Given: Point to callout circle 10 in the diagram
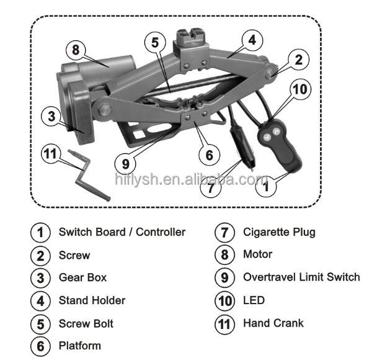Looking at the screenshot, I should (299, 89).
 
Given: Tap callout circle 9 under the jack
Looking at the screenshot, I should (126, 164).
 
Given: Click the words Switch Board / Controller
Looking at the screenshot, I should (122, 232).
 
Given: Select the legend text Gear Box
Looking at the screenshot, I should (82, 277).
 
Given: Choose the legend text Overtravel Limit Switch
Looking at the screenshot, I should (301, 277).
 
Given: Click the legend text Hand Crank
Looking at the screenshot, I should (273, 323).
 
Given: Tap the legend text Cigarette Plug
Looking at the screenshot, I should (279, 232).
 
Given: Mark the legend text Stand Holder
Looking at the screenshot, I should (92, 300).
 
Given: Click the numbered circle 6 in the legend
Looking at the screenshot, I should (40, 346).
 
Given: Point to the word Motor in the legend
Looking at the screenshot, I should (257, 254).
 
